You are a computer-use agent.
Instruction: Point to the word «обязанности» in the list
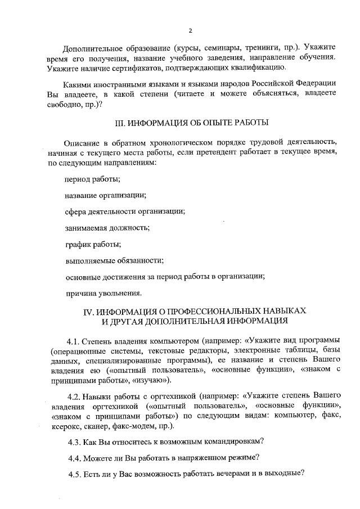[141, 260]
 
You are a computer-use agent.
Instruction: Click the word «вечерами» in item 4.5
[238, 474]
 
